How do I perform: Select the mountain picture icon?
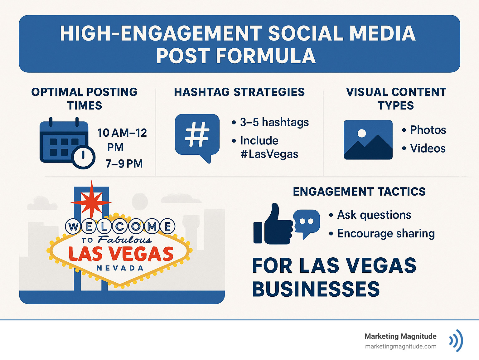point(368,140)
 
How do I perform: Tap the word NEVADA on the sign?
point(120,268)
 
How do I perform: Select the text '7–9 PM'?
point(124,163)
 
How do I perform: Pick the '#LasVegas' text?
point(269,154)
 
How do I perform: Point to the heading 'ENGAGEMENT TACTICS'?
point(359,192)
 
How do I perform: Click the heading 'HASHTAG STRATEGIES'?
point(239,92)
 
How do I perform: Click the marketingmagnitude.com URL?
point(400,346)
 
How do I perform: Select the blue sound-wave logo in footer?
point(456,340)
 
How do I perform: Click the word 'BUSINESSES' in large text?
point(316,289)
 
